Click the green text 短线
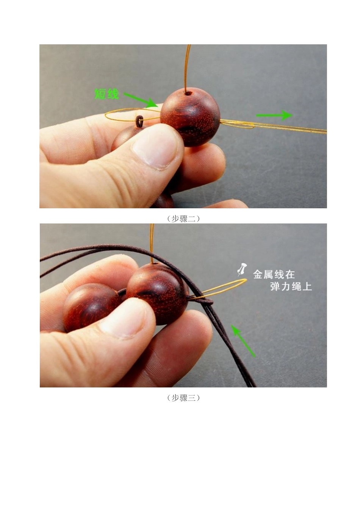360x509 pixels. click(x=106, y=94)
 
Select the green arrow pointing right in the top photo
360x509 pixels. click(x=274, y=115)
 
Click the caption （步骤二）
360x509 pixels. click(x=183, y=219)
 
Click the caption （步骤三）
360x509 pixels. click(x=183, y=398)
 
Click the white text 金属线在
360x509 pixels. click(x=274, y=274)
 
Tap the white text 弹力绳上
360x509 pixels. click(x=291, y=286)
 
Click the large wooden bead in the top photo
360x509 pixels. click(x=190, y=117)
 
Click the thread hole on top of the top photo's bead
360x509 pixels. click(x=188, y=92)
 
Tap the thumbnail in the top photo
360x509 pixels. click(x=155, y=146)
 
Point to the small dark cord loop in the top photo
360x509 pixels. click(x=139, y=121)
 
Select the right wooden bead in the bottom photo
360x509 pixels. click(x=157, y=294)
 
